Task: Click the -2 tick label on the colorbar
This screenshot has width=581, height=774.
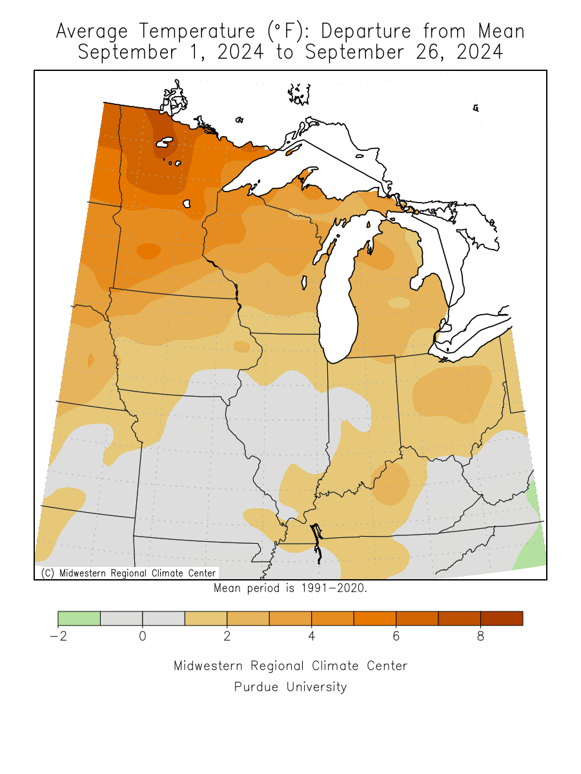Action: click(x=57, y=636)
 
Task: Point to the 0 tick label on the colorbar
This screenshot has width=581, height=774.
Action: click(x=142, y=636)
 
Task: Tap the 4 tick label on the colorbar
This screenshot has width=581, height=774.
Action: click(x=311, y=636)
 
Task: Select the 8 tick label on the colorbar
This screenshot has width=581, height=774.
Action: click(x=480, y=636)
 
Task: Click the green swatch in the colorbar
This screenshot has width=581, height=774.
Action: click(x=79, y=618)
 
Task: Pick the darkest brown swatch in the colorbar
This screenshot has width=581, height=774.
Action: click(x=502, y=618)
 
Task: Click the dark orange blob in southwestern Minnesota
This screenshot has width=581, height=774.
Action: click(x=148, y=250)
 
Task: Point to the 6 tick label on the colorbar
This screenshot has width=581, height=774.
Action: click(x=396, y=636)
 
